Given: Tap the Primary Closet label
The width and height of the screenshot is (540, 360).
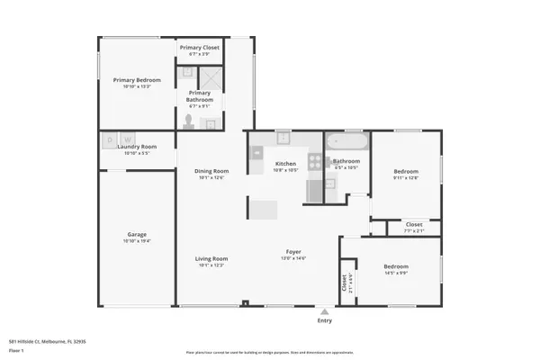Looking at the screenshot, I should click(199, 48).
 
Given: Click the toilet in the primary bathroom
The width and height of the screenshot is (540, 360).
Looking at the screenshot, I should click(189, 121).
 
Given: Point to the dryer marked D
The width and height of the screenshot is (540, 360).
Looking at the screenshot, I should click(110, 139).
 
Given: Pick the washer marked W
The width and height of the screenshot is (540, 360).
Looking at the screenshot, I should click(129, 139).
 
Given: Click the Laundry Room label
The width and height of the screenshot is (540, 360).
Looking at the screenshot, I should click(136, 147).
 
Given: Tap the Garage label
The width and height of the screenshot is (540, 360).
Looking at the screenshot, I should click(136, 236).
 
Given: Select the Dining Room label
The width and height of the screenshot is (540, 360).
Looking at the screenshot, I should click(212, 171).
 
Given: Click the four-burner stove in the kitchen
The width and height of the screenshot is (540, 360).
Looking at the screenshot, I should click(316, 162).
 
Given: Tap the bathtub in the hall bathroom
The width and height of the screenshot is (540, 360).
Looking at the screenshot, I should click(346, 142).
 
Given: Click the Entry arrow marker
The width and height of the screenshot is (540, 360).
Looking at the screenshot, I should click(324, 310).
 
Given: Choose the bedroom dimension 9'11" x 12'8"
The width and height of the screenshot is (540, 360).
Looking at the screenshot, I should click(406, 177).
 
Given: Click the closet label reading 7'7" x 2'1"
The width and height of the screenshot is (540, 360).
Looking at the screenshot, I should click(414, 231).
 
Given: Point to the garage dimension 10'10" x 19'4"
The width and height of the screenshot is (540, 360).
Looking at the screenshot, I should click(136, 243).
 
